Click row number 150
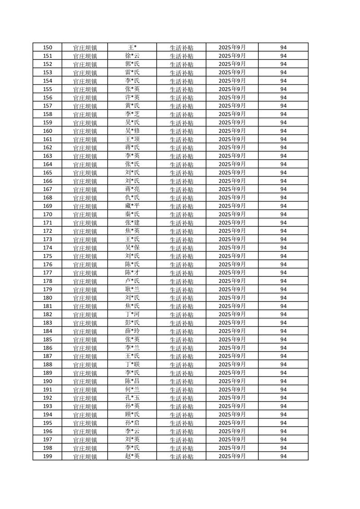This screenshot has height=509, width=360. click(47, 48)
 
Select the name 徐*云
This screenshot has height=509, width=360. click(132, 56)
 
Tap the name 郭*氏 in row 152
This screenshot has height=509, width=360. click(132, 64)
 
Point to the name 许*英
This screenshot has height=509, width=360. click(132, 98)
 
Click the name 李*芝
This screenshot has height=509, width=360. click(132, 114)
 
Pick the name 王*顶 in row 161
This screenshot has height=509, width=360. click(132, 139)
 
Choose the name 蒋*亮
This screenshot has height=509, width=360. click(132, 189)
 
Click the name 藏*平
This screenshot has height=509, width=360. click(132, 206)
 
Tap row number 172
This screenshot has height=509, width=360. click(47, 231)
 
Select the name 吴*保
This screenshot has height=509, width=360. click(132, 248)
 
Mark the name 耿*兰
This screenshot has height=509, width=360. click(132, 289)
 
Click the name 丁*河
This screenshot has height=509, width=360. click(132, 314)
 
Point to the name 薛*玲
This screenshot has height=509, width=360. click(132, 331)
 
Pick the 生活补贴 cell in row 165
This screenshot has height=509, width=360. click(181, 173)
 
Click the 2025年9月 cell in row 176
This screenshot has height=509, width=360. click(232, 264)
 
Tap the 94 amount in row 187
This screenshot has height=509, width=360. click(283, 356)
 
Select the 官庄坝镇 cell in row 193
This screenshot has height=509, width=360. click(85, 406)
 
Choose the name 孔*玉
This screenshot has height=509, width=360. click(132, 398)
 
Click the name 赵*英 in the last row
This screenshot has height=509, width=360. click(132, 456)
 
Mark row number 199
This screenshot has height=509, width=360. click(47, 456)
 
